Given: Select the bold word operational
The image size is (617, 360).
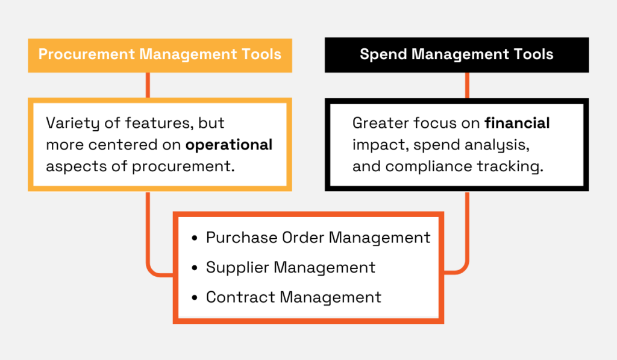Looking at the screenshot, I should click(x=229, y=145).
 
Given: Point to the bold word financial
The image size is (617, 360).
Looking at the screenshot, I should click(x=517, y=124).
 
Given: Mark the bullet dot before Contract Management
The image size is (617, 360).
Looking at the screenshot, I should click(x=194, y=298).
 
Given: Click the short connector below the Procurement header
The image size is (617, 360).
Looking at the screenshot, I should click(x=148, y=85).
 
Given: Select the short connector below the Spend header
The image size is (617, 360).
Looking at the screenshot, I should click(x=468, y=85).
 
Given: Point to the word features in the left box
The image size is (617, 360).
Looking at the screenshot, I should click(x=151, y=124).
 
